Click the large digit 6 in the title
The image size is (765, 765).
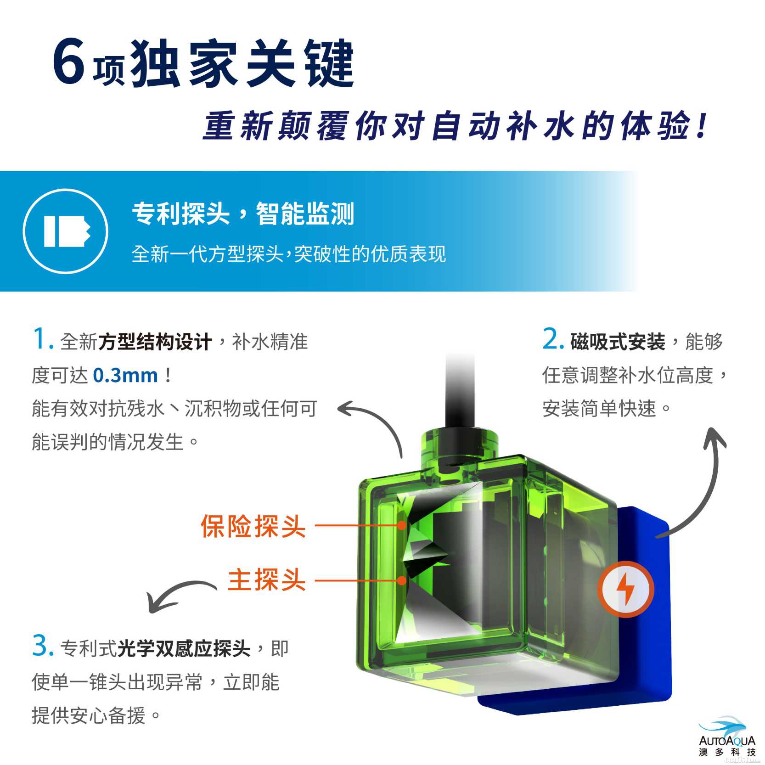coord(69,62)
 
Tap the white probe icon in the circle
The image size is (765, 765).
coord(66,231)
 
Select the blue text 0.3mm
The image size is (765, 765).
coord(125,375)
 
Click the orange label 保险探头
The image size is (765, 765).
coord(253,526)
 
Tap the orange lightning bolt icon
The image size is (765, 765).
coord(625,589)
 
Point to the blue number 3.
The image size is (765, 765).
coord(43,646)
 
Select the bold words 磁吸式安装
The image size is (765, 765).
coord(618,342)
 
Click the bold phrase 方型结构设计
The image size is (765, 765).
coord(155,342)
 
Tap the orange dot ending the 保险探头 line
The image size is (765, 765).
coord(402,525)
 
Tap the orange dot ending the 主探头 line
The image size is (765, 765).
coord(402,580)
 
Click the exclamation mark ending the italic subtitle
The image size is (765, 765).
coord(701,125)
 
